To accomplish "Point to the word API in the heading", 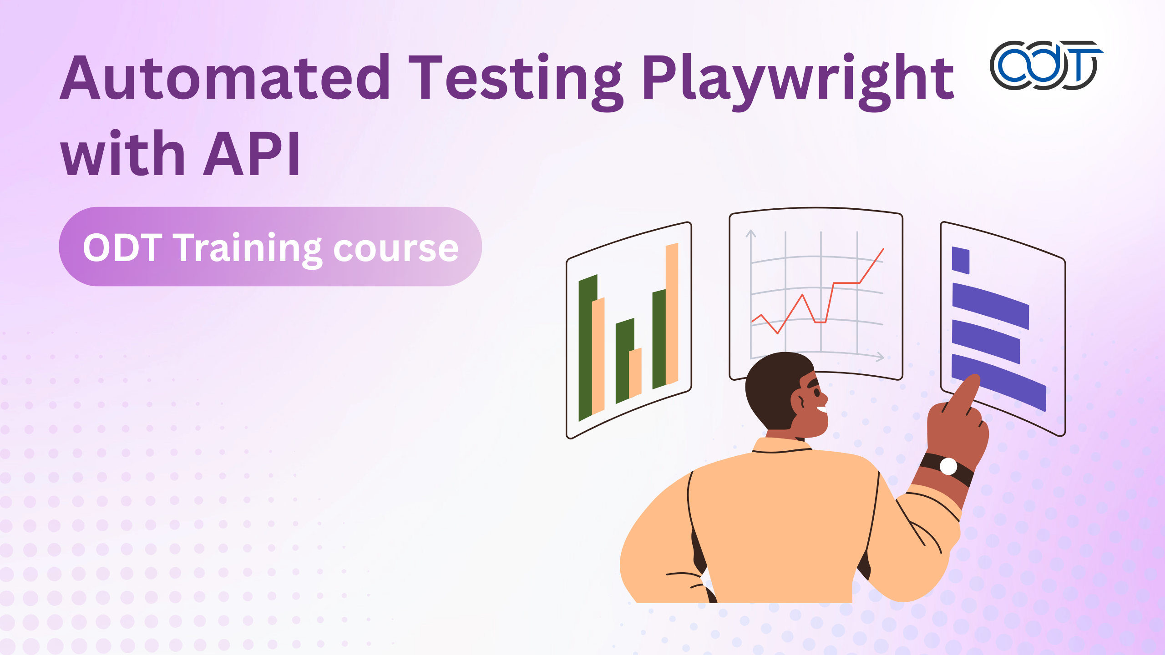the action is pos(252,153).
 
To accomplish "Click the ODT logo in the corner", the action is pos(1046,65).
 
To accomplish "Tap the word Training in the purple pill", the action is pos(249,249).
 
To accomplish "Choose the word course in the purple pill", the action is pos(396,250).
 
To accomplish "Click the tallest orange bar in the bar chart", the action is pos(672,314).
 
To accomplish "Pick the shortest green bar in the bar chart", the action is pos(624,361).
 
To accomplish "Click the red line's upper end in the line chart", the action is pos(884,249).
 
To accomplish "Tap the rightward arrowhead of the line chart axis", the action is pos(880,357).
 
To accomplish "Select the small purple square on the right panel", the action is pos(961,260).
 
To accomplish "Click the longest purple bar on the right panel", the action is pos(999,382).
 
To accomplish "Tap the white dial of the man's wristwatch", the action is pos(948,466).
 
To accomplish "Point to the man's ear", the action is pos(799,401).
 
